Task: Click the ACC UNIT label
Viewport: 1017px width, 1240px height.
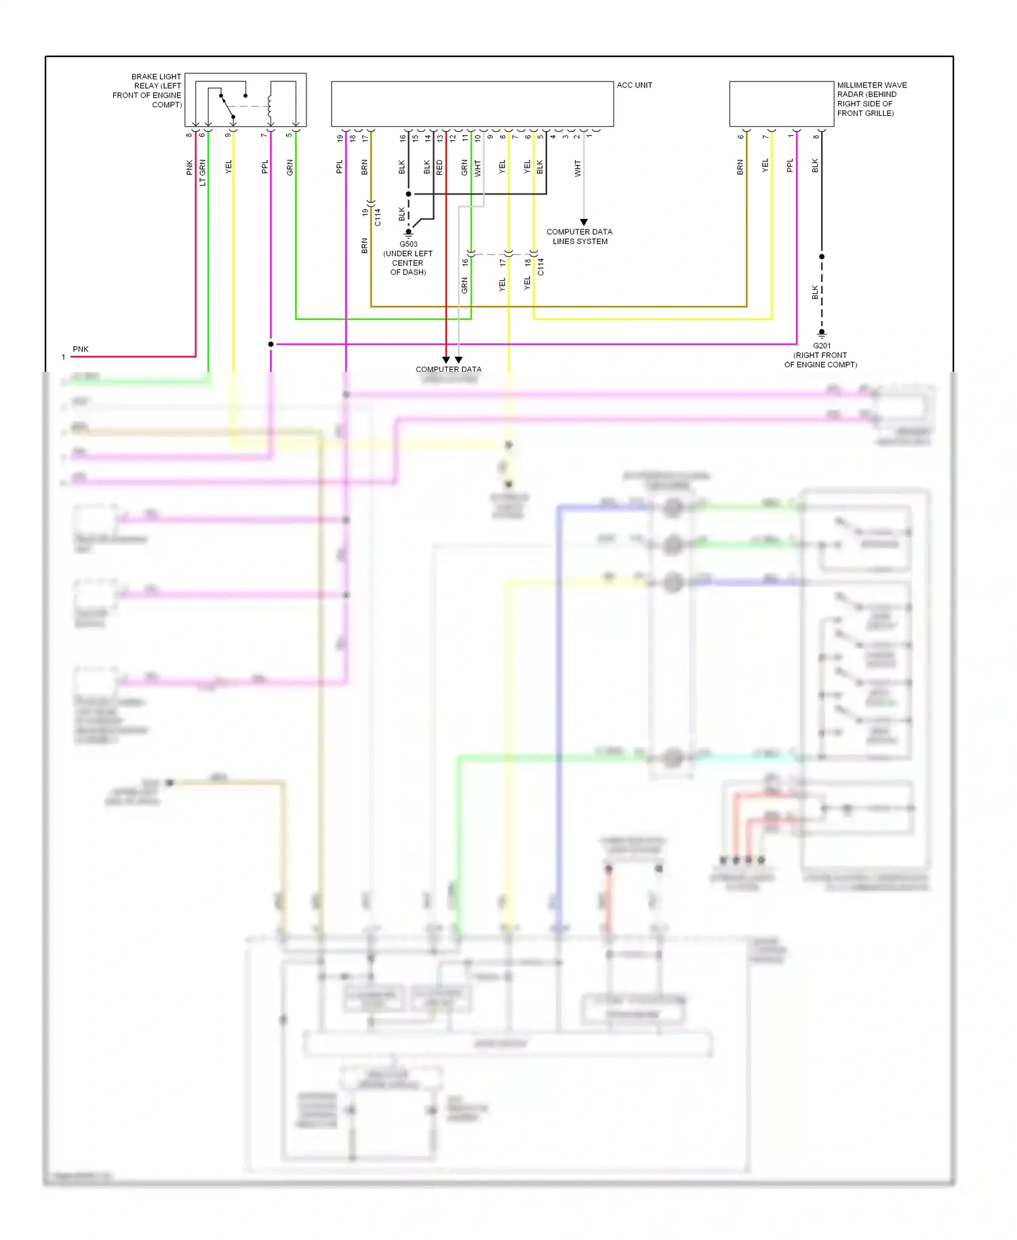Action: (634, 85)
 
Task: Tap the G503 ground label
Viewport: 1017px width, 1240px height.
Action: (408, 244)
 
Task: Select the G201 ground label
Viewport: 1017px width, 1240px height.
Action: (822, 346)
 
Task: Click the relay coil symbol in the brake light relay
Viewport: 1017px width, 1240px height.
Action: (270, 105)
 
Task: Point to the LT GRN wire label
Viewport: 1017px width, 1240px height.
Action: (202, 173)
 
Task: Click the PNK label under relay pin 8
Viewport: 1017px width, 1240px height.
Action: (189, 168)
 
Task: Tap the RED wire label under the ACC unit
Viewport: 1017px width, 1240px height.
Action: (439, 168)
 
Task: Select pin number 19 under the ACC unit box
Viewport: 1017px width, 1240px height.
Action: (340, 138)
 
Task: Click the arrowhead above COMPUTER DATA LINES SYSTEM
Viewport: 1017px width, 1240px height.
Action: (584, 222)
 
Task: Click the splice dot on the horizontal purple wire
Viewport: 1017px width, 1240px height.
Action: (271, 345)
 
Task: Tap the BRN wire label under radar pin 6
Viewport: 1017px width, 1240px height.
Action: (740, 168)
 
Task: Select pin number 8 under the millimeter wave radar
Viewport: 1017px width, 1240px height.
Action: (816, 137)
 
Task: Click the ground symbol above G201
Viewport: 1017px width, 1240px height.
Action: (822, 334)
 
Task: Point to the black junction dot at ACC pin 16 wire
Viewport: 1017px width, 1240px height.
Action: (408, 194)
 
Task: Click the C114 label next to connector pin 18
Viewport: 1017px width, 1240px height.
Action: (541, 267)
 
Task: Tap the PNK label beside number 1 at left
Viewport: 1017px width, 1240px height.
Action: (81, 349)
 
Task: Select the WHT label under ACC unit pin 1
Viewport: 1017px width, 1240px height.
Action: (578, 168)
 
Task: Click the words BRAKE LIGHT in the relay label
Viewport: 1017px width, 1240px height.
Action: (156, 77)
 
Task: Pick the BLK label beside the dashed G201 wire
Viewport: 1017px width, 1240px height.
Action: (815, 292)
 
